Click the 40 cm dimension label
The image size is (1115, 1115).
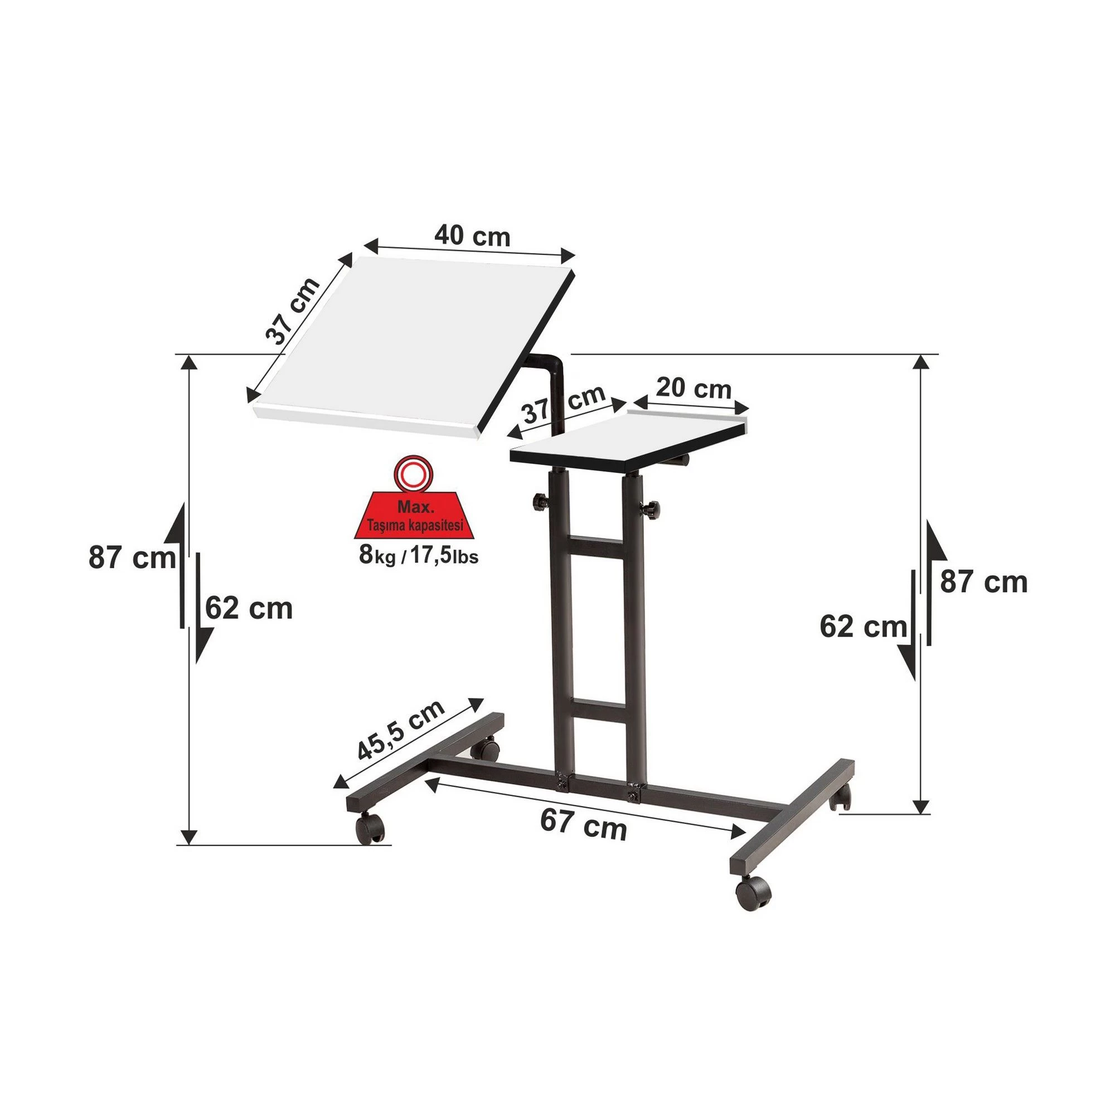[472, 236]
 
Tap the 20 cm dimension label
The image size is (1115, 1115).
[694, 389]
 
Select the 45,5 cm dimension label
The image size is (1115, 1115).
[401, 731]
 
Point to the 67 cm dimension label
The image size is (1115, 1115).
[584, 825]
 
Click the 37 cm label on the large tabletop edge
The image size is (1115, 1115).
[293, 311]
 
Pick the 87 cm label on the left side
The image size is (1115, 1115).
[132, 558]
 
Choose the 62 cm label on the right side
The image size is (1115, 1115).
[863, 627]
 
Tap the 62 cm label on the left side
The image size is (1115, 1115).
[249, 608]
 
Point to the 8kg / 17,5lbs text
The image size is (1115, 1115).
[419, 556]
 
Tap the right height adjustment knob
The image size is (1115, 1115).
[651, 509]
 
